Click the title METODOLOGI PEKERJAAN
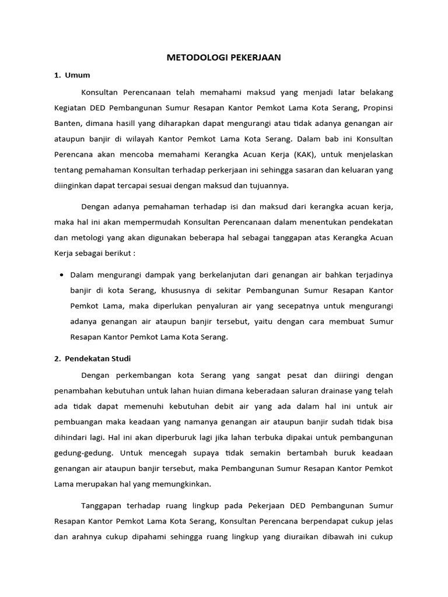pos(224,57)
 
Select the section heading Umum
pos(76,75)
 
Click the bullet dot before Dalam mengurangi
pos(61,274)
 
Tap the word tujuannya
pos(271,186)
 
